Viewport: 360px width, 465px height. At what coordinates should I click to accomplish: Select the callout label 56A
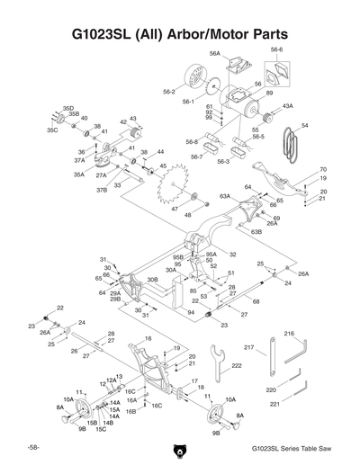click(x=215, y=54)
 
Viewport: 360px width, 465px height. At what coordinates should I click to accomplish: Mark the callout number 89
click(x=269, y=93)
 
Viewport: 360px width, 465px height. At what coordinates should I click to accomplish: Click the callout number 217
click(x=249, y=347)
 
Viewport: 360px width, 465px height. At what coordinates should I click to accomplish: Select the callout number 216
click(x=290, y=334)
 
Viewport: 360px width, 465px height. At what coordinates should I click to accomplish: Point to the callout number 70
click(x=322, y=169)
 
